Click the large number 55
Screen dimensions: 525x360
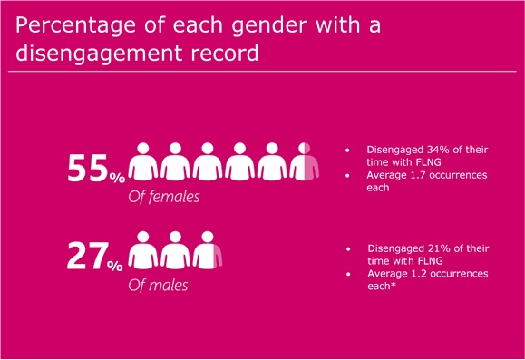point(88,168)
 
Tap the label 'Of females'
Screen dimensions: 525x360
point(164,197)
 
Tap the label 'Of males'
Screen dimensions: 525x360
point(158,286)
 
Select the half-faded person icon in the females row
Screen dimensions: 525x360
point(305,161)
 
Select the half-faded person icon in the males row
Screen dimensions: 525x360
point(208,249)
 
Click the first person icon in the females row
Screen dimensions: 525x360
point(143,161)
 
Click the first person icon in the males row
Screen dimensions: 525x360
point(143,249)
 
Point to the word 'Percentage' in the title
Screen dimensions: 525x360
point(75,25)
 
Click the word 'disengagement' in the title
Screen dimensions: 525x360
point(99,53)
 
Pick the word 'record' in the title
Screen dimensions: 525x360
point(225,53)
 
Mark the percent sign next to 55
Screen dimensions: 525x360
point(117,178)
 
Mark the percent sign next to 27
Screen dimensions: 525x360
point(115,266)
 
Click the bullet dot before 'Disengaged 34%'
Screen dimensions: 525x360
point(347,151)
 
